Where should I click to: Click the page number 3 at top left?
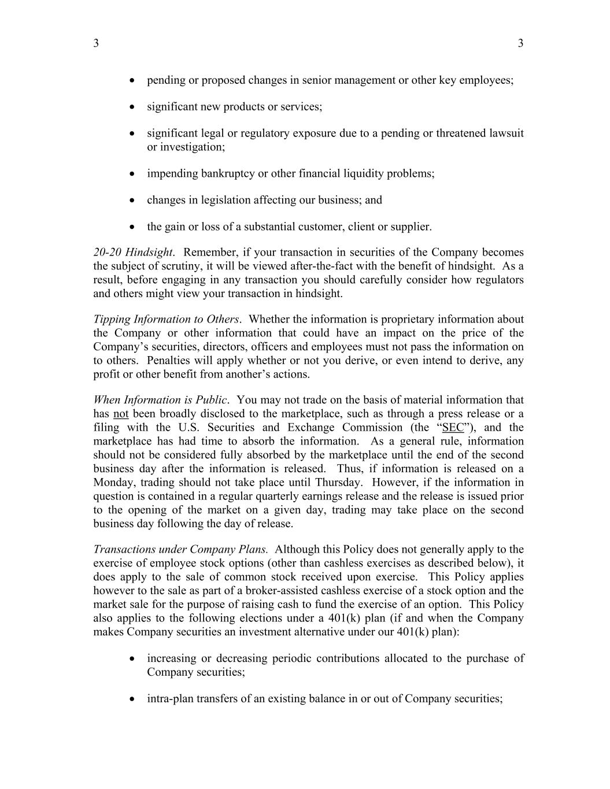click(x=96, y=43)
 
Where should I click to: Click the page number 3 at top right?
click(x=520, y=43)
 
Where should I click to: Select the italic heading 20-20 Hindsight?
click(x=133, y=253)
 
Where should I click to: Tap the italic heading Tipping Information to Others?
click(x=166, y=320)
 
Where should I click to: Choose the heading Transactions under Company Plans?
click(x=180, y=550)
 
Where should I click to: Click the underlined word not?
click(x=121, y=414)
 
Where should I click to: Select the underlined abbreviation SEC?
click(x=453, y=428)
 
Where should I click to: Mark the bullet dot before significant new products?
click(x=134, y=107)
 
